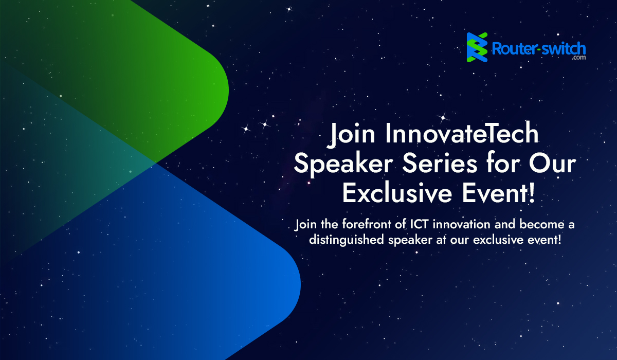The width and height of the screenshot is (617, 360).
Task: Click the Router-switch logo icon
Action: (477, 47)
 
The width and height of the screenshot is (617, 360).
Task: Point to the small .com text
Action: (579, 58)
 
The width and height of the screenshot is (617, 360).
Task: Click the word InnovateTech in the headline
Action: (462, 134)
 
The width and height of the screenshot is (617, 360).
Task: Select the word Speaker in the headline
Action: (343, 164)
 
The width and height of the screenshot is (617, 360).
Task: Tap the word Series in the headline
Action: (440, 164)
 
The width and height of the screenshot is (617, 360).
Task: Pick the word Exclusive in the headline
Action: (397, 194)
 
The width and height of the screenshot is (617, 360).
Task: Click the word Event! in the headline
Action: (498, 194)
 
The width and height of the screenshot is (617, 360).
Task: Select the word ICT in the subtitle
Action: (419, 224)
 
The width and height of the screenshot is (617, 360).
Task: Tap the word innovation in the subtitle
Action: (461, 224)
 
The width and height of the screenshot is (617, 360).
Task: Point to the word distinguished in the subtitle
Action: (346, 240)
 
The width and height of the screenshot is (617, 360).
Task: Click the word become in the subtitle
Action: (542, 224)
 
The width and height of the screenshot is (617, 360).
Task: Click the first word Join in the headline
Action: (351, 134)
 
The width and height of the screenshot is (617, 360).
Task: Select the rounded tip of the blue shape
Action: (300, 284)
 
